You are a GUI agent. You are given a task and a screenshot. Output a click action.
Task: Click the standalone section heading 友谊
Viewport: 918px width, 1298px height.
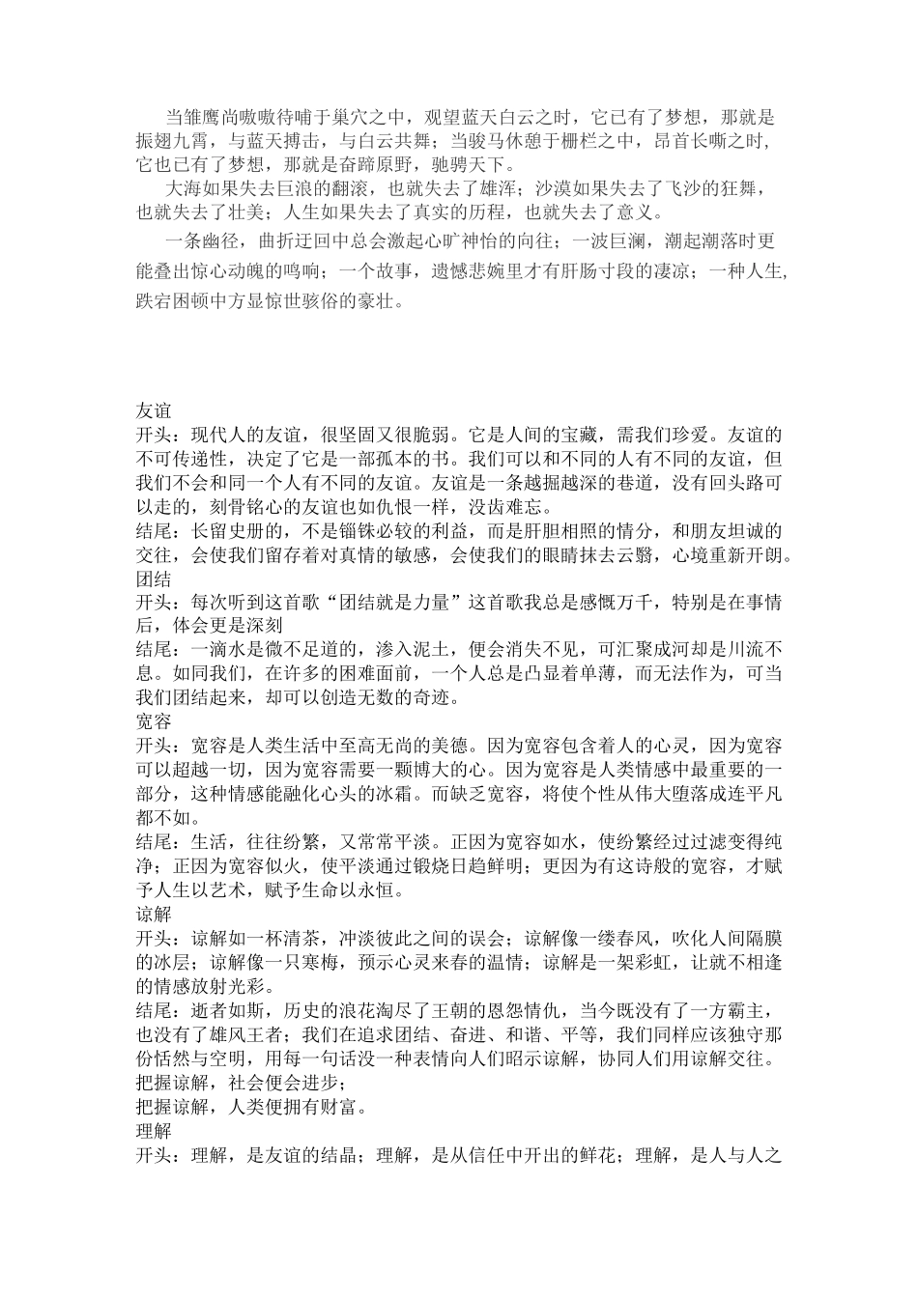154,410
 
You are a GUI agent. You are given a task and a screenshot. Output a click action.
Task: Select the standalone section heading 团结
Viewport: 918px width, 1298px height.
154,578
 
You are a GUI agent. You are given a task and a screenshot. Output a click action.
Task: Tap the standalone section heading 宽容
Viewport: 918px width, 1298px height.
154,721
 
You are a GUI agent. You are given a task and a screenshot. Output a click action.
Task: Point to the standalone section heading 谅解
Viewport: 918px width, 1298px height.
154,913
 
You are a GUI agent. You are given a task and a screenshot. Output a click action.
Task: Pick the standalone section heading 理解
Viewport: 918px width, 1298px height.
154,1130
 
